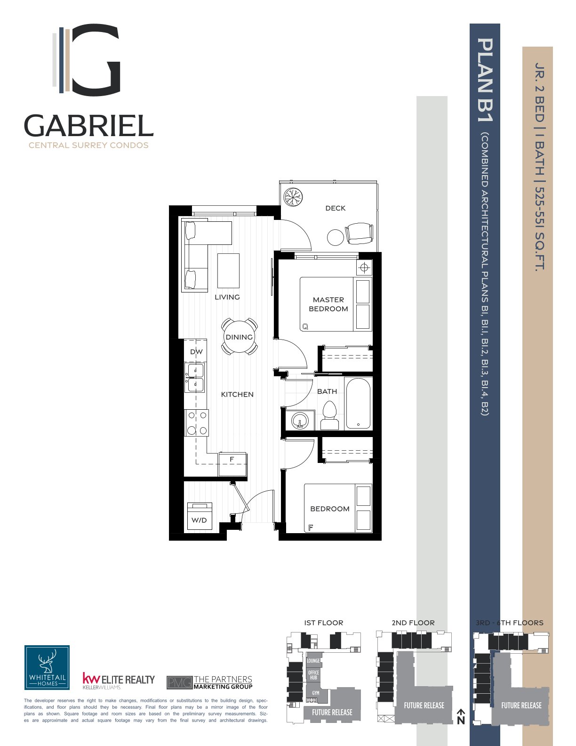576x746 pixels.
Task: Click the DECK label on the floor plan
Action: (x=335, y=208)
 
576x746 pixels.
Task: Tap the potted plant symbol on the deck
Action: (x=293, y=197)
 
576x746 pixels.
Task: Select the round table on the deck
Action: (x=335, y=237)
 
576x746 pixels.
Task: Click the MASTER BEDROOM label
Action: (x=328, y=304)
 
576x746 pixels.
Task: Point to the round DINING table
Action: (x=239, y=337)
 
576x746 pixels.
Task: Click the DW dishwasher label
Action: (x=196, y=351)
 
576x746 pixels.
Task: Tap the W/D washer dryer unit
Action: (x=200, y=517)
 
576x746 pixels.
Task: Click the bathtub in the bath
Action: (x=358, y=404)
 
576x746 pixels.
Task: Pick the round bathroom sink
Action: (x=300, y=420)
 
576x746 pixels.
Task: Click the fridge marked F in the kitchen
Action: (x=232, y=464)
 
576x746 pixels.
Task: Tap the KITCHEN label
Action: (x=237, y=395)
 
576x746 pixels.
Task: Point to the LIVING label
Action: (x=227, y=297)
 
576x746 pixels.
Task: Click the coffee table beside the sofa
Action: (x=228, y=271)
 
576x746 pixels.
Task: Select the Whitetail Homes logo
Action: (x=47, y=667)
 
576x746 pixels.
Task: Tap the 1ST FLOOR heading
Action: (x=323, y=623)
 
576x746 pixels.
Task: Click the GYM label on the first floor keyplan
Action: (x=316, y=693)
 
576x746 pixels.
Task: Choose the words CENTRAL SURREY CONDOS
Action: (x=88, y=145)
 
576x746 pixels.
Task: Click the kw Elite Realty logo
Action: (x=119, y=681)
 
